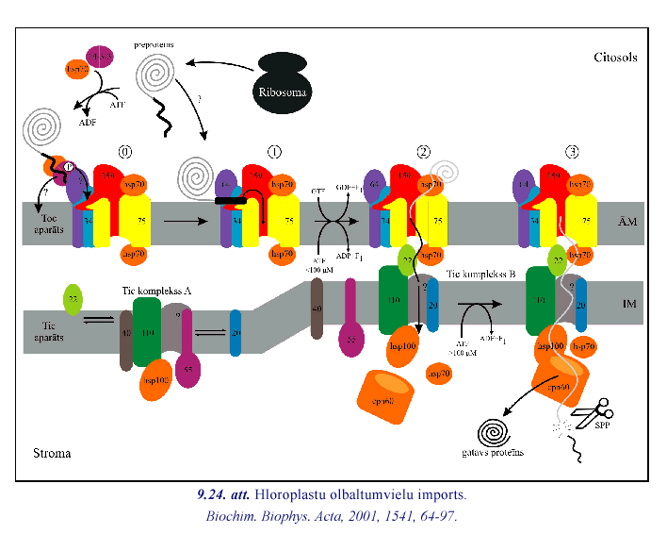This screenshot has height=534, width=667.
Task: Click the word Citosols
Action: click(614, 58)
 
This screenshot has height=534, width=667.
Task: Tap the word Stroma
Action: click(50, 454)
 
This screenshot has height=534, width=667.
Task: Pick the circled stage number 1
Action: click(274, 152)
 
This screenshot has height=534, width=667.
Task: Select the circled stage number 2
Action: click(424, 152)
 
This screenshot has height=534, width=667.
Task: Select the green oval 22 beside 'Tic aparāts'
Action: click(73, 300)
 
